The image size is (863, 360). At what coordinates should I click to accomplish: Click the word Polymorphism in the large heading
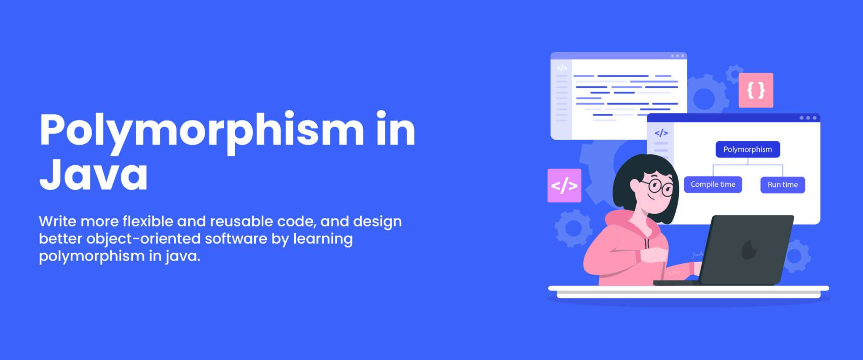tap(202, 131)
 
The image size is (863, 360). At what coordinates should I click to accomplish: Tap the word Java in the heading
tap(94, 175)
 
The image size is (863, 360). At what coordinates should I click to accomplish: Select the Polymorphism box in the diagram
tap(748, 149)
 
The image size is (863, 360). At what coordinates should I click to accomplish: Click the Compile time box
tap(713, 185)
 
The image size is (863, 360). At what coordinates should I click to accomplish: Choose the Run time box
tap(783, 185)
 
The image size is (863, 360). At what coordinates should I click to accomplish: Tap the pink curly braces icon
tap(756, 90)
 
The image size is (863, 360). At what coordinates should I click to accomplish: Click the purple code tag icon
tap(564, 185)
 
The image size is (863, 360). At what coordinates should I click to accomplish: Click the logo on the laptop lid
tap(748, 250)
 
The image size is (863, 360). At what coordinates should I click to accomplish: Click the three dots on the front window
tap(808, 118)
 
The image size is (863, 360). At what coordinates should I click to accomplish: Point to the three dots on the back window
tap(677, 56)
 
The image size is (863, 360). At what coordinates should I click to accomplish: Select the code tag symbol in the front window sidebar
tap(661, 133)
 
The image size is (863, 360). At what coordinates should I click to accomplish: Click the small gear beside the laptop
tap(795, 256)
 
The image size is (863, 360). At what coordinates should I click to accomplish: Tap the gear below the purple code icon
tap(573, 228)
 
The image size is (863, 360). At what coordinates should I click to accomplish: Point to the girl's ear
tap(635, 184)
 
